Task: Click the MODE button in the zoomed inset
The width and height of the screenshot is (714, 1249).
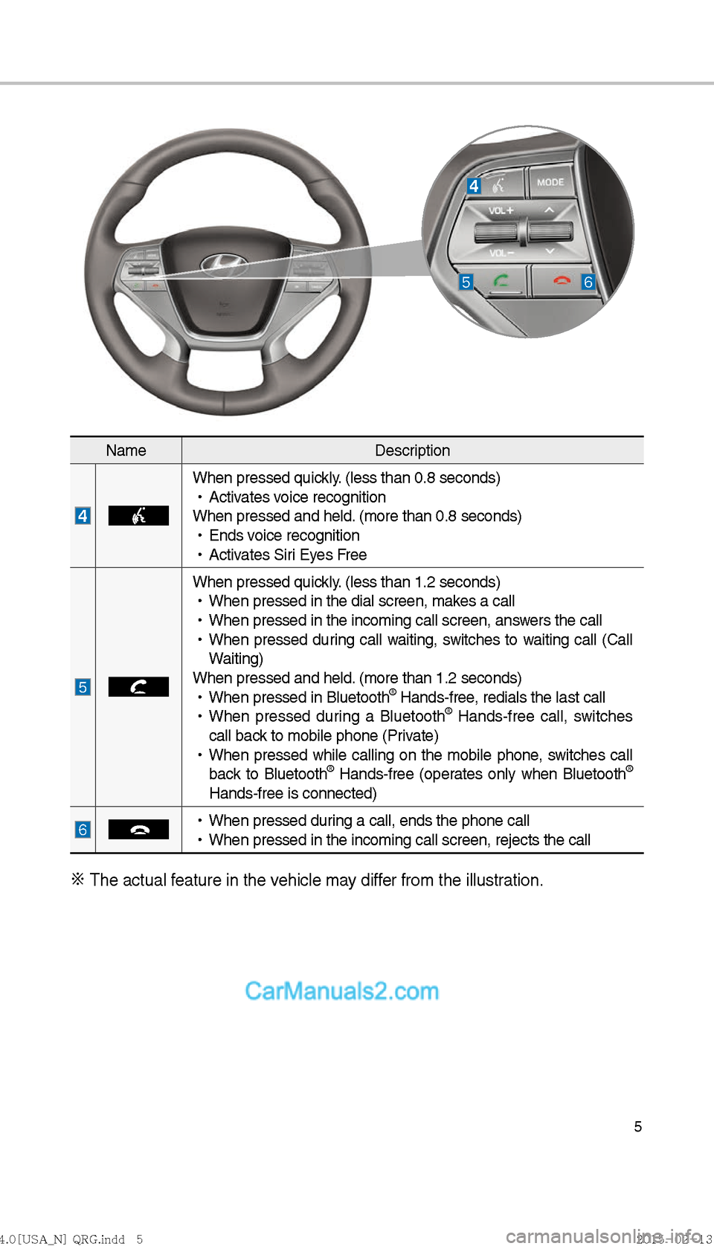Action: (x=550, y=182)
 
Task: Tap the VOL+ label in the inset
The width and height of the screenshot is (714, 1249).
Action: (x=501, y=211)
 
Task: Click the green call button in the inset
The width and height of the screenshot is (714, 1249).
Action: (x=501, y=281)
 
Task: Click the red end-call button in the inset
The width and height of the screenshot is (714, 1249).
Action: (x=562, y=280)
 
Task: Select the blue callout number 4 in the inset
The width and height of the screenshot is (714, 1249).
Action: (x=474, y=186)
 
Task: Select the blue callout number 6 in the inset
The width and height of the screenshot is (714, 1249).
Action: (x=588, y=282)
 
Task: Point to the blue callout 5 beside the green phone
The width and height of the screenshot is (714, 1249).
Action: (x=466, y=282)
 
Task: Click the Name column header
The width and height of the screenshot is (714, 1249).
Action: (x=126, y=451)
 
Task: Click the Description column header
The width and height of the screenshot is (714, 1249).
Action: (x=412, y=451)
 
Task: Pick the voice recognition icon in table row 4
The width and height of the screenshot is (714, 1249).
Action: (x=138, y=515)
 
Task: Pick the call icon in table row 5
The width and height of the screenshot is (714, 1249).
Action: (x=138, y=687)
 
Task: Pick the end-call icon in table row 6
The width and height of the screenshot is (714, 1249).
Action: (x=138, y=829)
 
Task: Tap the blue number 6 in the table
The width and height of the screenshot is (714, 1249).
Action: (x=83, y=829)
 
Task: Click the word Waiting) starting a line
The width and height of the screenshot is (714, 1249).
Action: (x=236, y=659)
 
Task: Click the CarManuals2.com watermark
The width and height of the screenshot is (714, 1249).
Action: (x=341, y=991)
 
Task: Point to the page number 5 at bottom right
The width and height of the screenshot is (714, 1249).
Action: (x=637, y=1126)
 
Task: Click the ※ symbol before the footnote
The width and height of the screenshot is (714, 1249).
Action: (x=77, y=880)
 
